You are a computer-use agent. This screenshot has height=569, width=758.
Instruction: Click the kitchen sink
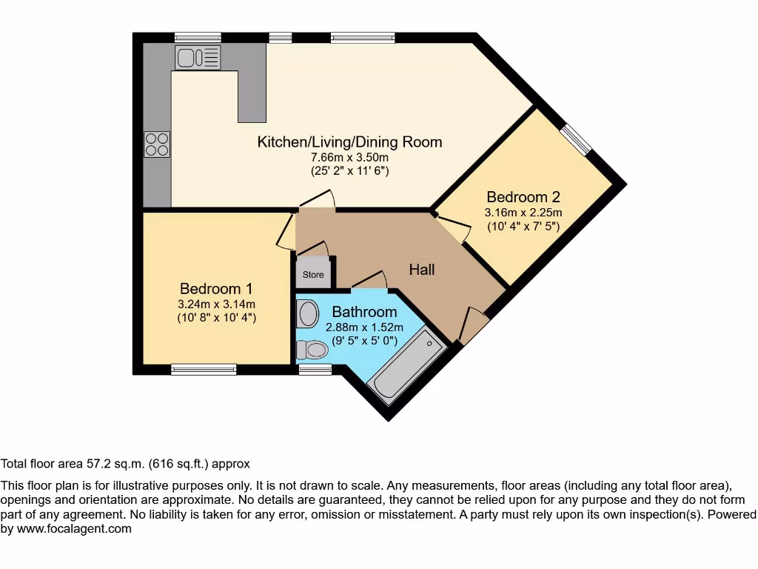pyautogui.click(x=198, y=57)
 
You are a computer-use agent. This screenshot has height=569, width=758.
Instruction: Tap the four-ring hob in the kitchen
pyautogui.click(x=157, y=144)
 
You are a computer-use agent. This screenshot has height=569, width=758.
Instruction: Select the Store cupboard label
pyautogui.click(x=313, y=275)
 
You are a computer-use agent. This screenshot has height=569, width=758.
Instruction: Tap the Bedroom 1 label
pyautogui.click(x=210, y=288)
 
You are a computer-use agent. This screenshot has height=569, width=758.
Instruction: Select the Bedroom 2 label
pyautogui.click(x=523, y=197)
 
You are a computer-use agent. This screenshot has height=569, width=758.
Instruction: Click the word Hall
pyautogui.click(x=422, y=270)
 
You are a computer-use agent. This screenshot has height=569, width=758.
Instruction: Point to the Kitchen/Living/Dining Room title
pyautogui.click(x=349, y=142)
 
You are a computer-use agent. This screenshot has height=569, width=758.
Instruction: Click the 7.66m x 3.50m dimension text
pyautogui.click(x=349, y=157)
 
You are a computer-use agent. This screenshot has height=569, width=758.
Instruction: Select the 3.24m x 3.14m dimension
pyautogui.click(x=216, y=304)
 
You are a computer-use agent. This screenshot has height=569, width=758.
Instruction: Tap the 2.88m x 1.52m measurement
pyautogui.click(x=364, y=327)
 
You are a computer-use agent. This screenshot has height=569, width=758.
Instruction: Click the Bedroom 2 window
pyautogui.click(x=575, y=141)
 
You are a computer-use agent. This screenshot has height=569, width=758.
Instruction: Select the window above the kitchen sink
pyautogui.click(x=198, y=37)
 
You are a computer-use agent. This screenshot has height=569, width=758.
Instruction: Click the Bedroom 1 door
pyautogui.click(x=286, y=231)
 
